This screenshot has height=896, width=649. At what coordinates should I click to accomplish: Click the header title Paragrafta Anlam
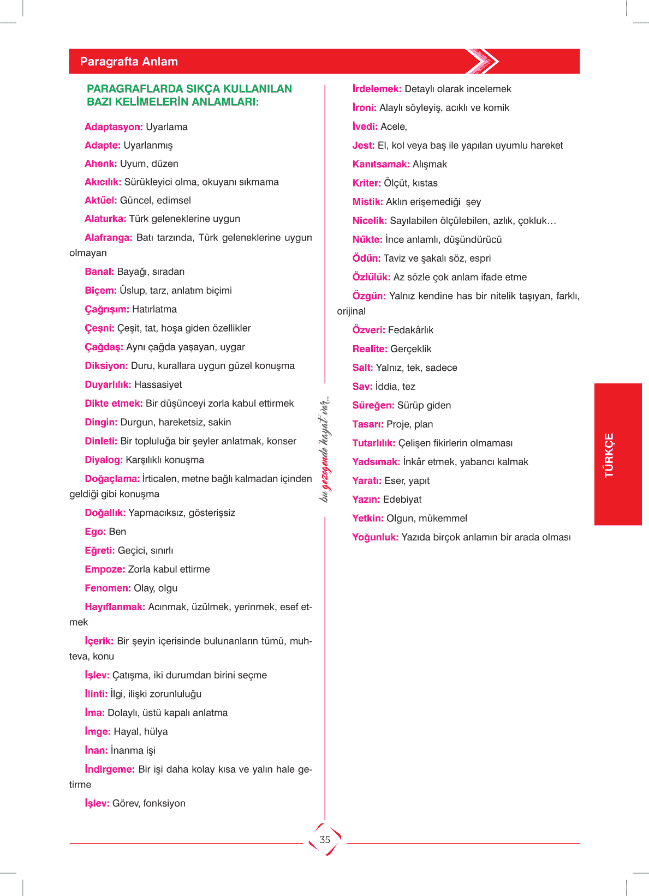click(129, 62)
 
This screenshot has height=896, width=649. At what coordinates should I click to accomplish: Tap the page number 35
click(325, 840)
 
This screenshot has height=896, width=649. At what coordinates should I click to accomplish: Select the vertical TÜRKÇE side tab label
click(609, 455)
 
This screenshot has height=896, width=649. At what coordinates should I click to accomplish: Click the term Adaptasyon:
click(114, 127)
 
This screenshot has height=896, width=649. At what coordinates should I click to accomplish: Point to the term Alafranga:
click(108, 238)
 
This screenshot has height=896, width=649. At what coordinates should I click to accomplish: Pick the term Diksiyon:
click(106, 366)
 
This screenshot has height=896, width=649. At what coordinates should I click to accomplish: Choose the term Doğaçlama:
click(112, 479)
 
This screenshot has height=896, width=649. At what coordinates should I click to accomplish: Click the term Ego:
click(95, 532)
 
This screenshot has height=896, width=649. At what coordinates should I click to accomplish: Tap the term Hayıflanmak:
click(115, 607)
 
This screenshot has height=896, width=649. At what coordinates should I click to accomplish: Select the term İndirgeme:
click(109, 769)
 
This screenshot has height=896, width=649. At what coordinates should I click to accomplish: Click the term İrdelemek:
click(377, 89)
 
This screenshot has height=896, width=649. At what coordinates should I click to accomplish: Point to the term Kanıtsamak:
click(380, 164)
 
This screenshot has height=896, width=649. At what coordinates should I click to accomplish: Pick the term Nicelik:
click(369, 221)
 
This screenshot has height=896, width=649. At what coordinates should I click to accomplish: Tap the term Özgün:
click(368, 296)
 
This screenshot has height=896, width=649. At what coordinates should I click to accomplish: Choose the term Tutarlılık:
click(373, 443)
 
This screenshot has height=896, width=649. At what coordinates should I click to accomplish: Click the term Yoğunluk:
click(375, 537)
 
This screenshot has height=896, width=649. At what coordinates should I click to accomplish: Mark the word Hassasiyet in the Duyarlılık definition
click(158, 385)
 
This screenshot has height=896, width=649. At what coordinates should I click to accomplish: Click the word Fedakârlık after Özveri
click(410, 330)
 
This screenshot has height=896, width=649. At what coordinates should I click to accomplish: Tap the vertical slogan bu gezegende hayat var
click(325, 449)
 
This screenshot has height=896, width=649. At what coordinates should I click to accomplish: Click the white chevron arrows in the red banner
click(483, 61)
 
